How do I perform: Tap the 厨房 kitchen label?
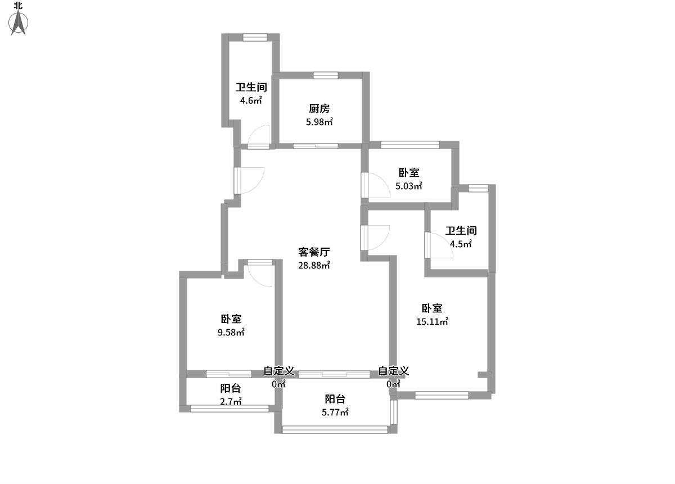click(319, 108)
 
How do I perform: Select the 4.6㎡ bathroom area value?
click(251, 101)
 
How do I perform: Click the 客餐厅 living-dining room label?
click(314, 252)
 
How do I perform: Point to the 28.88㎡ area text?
click(314, 265)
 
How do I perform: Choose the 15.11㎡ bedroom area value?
click(432, 322)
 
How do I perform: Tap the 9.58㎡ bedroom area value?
click(231, 332)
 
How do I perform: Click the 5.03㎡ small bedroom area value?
click(409, 186)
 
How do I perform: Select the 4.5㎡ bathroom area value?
click(461, 244)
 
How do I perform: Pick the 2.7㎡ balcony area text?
click(231, 401)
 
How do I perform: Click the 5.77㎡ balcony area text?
click(335, 413)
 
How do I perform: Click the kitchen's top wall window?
click(325, 75)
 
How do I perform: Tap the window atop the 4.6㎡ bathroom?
click(255, 37)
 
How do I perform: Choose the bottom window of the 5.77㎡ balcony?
click(335, 429)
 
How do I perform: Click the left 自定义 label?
click(279, 371)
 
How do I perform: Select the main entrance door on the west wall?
click(250, 180)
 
